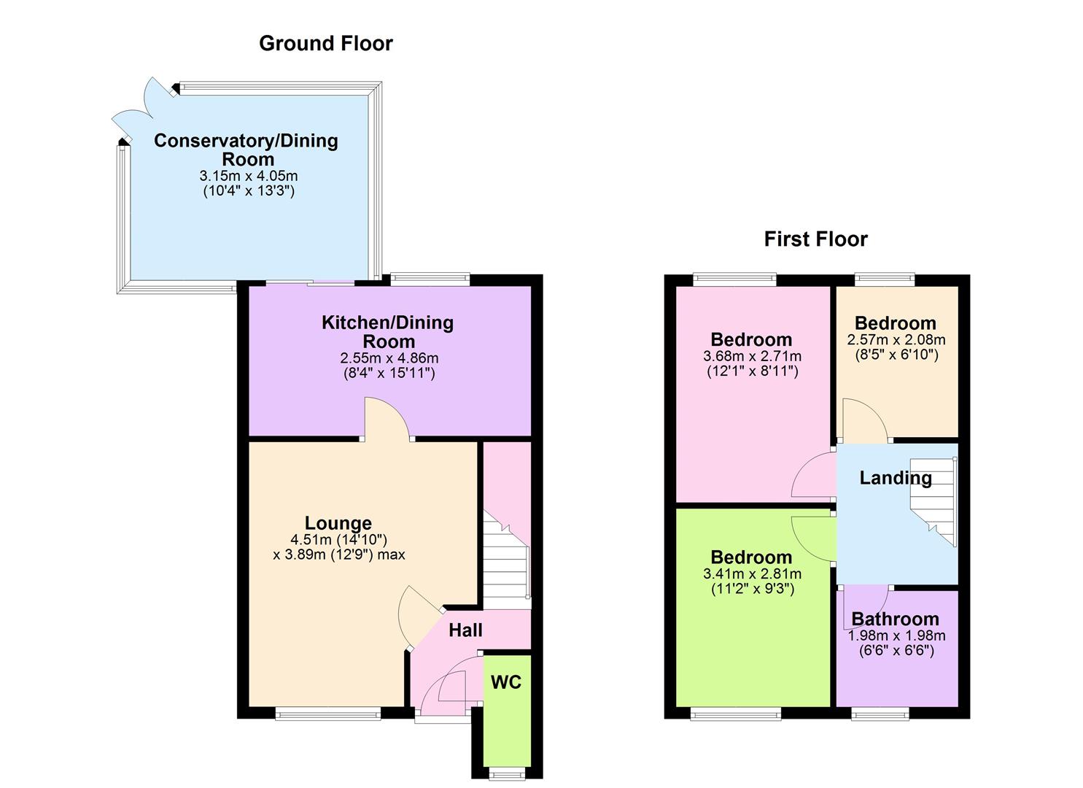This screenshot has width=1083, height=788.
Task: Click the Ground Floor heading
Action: [325, 44]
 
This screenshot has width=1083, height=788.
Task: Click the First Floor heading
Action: [815, 239]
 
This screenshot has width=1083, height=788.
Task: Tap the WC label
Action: [505, 682]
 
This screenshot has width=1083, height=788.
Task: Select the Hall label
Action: [465, 630]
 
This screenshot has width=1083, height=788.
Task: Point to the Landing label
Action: [895, 478]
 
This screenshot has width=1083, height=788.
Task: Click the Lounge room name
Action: [338, 523]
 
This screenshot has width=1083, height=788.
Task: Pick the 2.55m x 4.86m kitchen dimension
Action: [389, 358]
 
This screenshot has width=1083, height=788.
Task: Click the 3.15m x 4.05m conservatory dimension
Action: [248, 176]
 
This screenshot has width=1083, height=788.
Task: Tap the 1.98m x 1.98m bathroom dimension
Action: [896, 636]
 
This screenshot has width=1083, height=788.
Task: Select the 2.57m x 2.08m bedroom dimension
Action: [896, 339]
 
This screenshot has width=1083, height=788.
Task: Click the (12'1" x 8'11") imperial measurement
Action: [752, 371]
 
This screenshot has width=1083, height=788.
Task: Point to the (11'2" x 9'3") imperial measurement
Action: [752, 589]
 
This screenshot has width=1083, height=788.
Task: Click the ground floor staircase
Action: [506, 562]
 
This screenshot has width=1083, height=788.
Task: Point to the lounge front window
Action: [327, 714]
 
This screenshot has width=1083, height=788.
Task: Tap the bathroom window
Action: [880, 714]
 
